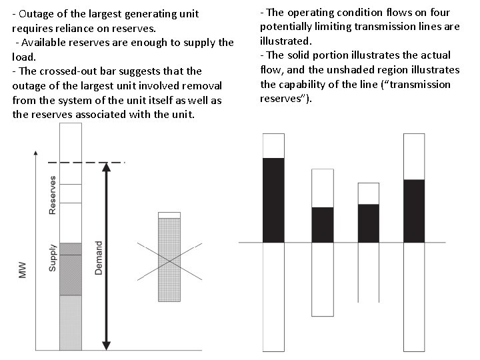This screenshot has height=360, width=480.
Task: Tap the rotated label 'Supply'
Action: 53,257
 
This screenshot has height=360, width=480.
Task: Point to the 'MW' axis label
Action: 22,269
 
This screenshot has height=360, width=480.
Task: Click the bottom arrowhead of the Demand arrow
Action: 105,345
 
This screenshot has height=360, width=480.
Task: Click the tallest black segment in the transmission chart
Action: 273,199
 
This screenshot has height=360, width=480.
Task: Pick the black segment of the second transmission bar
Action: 322,225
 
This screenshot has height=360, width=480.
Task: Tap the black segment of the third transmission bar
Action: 368,223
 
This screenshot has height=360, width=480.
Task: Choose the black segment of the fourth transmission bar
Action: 414,210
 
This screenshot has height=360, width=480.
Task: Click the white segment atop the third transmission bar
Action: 368,193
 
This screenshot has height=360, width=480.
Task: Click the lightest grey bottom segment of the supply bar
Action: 70,323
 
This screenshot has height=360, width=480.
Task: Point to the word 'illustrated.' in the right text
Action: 285,41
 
